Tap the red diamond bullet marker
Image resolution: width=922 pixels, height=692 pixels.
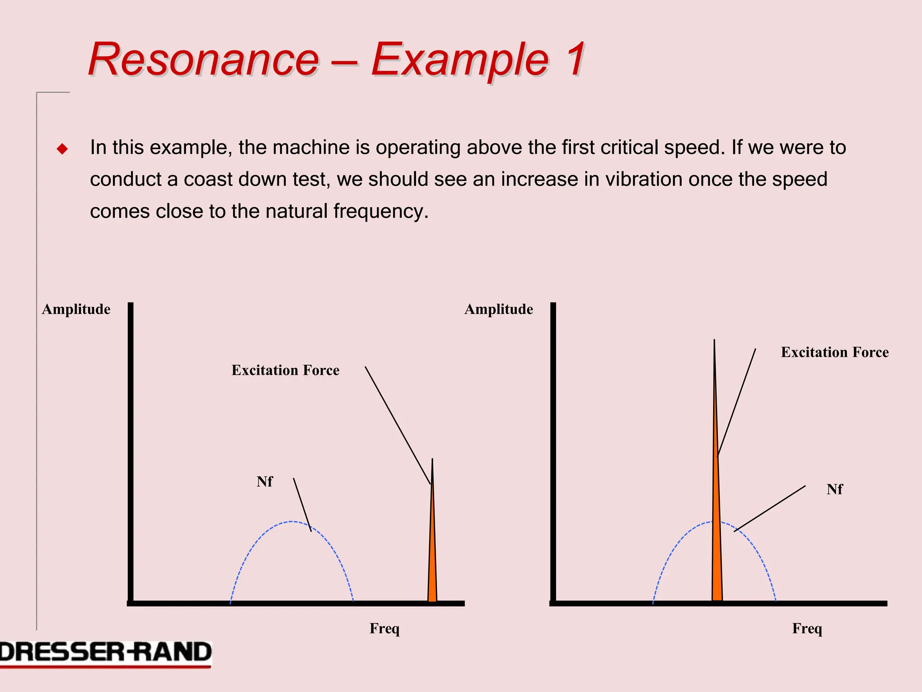[x=62, y=149]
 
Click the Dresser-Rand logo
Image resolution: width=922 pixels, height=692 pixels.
[x=105, y=653]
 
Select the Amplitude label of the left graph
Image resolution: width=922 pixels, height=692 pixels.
[x=76, y=310]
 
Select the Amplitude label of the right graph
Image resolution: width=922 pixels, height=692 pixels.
[x=498, y=310]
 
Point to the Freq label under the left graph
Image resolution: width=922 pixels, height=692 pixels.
[x=384, y=628]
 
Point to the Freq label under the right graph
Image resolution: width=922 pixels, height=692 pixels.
[x=807, y=628]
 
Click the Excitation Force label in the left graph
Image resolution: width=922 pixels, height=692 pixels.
[x=285, y=370]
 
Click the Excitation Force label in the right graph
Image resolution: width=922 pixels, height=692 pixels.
[x=835, y=352]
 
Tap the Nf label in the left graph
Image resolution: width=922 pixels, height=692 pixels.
[x=265, y=482]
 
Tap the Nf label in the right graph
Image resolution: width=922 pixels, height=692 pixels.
[x=834, y=489]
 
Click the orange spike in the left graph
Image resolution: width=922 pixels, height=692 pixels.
[x=432, y=563]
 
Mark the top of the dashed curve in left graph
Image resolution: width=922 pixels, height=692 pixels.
[x=292, y=522]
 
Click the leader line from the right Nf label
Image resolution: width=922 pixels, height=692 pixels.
[x=770, y=508]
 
